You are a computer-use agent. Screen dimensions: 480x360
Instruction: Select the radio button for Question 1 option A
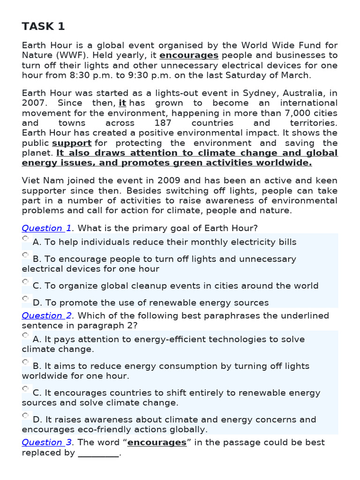pos(25,239)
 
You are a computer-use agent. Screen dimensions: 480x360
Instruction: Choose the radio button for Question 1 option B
pos(25,255)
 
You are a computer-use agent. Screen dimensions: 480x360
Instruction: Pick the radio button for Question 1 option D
pos(25,299)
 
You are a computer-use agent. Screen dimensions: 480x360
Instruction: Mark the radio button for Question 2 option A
pos(25,335)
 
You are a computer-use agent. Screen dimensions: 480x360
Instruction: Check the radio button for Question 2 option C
pos(25,389)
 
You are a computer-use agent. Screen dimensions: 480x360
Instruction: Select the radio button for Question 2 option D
pos(25,415)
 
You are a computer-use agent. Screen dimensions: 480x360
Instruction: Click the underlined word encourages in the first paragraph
pos(188,55)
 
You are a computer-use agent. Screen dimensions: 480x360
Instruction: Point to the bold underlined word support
pos(71,143)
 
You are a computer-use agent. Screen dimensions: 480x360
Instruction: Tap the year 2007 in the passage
pos(32,103)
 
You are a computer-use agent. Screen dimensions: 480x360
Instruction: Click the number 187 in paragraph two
pos(163,123)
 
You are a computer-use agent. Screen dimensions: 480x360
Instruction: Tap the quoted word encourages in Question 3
pos(157,442)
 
